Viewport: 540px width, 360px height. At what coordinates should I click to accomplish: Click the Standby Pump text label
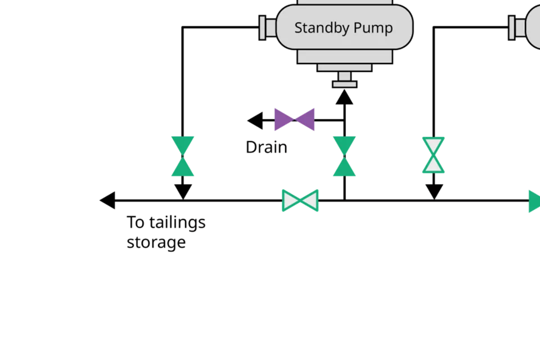(343, 28)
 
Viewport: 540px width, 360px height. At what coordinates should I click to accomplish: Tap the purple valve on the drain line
(294, 119)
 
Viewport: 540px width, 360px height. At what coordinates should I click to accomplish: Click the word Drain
(266, 147)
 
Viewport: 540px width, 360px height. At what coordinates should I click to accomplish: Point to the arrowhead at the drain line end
(255, 120)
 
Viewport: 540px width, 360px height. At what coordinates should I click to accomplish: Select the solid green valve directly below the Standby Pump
(344, 156)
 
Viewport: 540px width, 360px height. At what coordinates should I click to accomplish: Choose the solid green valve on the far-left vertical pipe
(183, 156)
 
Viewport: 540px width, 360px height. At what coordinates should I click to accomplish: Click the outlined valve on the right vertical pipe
(434, 155)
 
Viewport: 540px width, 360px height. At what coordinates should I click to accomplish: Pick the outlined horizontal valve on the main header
(300, 200)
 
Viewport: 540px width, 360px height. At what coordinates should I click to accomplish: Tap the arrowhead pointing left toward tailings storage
(107, 200)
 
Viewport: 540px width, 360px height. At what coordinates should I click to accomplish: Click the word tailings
(177, 223)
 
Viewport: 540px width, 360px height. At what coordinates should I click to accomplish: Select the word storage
(156, 242)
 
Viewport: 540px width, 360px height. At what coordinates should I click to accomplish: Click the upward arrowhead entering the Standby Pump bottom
(344, 97)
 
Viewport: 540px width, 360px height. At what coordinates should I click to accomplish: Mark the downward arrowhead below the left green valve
(183, 191)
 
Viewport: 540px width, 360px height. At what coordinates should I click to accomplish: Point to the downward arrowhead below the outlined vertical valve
(434, 191)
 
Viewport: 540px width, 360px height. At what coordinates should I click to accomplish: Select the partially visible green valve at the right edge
(534, 201)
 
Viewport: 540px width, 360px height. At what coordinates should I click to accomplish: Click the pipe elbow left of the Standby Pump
(183, 27)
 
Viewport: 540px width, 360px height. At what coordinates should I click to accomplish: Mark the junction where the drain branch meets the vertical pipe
(344, 120)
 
